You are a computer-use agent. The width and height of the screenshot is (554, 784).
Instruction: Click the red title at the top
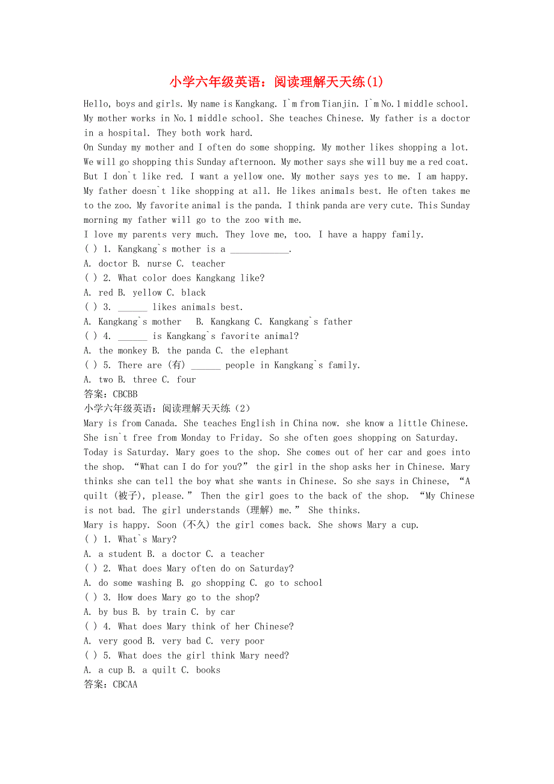point(276,82)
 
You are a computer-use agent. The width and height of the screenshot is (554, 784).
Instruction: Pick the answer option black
point(193,293)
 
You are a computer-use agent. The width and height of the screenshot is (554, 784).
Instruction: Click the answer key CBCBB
point(125,394)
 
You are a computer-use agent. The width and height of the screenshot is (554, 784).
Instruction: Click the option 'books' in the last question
point(208,670)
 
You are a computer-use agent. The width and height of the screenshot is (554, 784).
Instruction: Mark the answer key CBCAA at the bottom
point(125,685)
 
